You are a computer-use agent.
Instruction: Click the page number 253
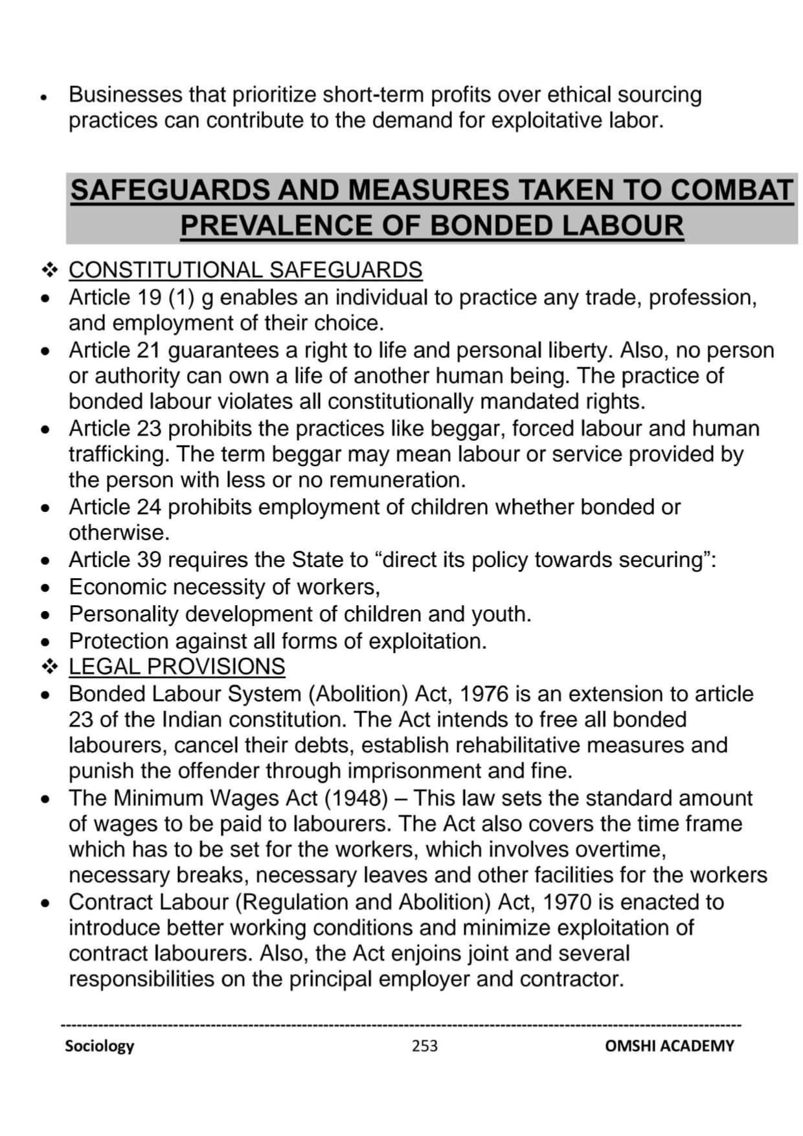click(x=424, y=1045)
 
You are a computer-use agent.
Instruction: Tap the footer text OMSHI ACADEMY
click(x=669, y=1045)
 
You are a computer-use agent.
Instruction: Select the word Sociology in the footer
click(x=99, y=1045)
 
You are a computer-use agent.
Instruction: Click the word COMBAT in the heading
click(x=731, y=190)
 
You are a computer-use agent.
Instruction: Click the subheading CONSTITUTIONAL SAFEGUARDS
click(x=245, y=270)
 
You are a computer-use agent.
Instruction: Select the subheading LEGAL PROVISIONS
click(x=177, y=666)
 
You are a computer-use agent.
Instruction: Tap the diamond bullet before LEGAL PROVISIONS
click(x=50, y=666)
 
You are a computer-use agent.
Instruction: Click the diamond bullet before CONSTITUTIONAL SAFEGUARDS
click(x=50, y=270)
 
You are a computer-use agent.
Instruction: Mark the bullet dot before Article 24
click(x=45, y=508)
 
